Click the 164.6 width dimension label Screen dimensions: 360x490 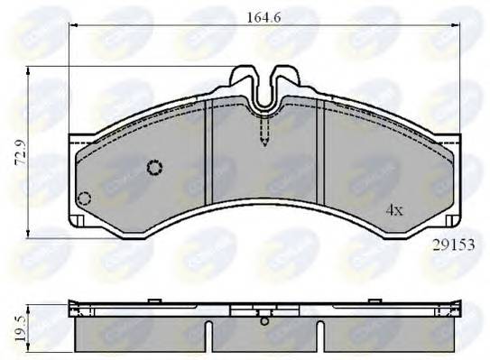pos(264,14)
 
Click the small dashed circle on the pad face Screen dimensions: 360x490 pos(154,167)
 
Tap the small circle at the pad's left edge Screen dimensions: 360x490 pos(84,198)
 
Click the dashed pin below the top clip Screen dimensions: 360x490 pos(263,134)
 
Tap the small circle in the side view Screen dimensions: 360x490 pos(263,319)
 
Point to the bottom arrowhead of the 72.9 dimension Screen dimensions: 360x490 pos(30,226)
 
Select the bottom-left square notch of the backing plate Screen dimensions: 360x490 pos(79,220)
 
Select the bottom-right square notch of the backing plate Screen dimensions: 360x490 pos(448,220)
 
